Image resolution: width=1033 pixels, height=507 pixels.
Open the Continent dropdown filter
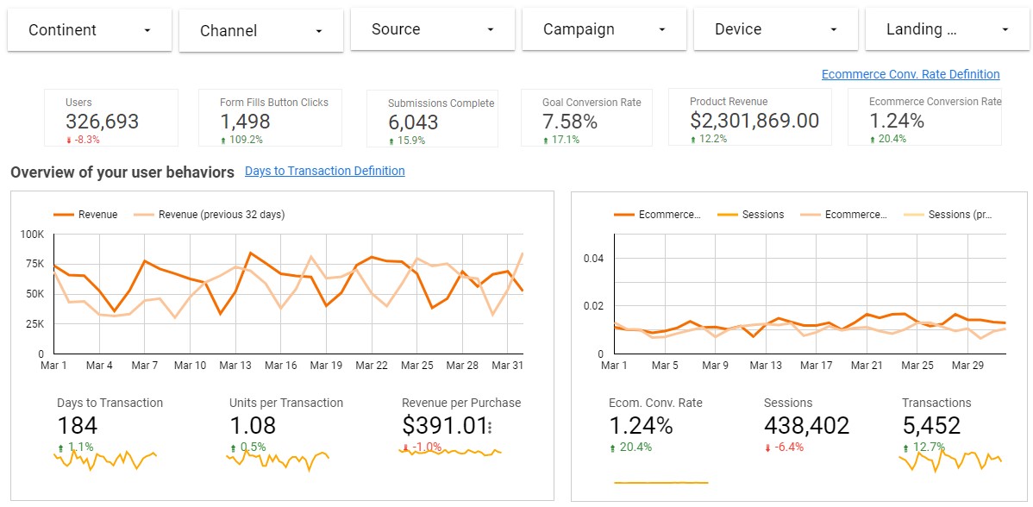click(x=89, y=29)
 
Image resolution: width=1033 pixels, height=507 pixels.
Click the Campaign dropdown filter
click(x=604, y=29)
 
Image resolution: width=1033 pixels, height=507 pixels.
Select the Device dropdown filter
click(x=775, y=29)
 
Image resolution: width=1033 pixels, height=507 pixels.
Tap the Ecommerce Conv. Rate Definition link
click(x=910, y=74)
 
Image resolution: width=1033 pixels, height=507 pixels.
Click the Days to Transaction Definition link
click(x=324, y=171)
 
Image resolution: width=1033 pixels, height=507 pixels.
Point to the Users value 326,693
click(x=102, y=122)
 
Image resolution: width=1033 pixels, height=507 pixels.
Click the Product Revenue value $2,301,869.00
click(x=754, y=122)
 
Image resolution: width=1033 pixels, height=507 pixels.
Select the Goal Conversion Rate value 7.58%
click(x=569, y=122)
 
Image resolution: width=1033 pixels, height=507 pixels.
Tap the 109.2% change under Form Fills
click(x=246, y=140)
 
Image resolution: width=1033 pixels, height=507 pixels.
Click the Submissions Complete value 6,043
click(x=413, y=123)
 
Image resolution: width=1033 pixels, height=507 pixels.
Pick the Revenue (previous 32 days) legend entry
click(x=221, y=215)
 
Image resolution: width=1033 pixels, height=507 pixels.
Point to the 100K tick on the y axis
click(x=33, y=235)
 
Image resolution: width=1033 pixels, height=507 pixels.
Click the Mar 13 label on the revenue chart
click(x=235, y=366)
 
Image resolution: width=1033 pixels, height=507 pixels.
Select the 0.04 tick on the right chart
click(x=593, y=259)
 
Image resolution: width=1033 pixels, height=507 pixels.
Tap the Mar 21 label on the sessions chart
click(x=866, y=366)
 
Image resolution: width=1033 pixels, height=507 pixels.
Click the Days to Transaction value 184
click(x=77, y=426)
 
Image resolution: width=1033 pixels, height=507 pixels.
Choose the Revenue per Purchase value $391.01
click(x=443, y=426)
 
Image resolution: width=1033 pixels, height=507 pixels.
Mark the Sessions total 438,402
click(x=806, y=426)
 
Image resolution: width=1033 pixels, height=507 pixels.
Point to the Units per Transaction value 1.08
click(x=253, y=426)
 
